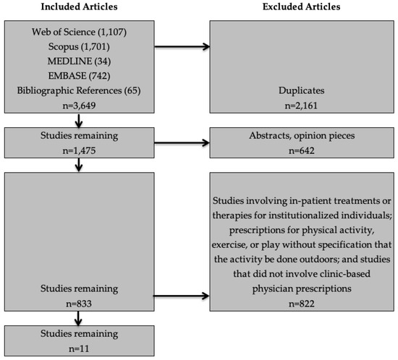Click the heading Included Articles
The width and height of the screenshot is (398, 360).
[79, 7]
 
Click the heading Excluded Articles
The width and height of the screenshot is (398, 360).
[302, 7]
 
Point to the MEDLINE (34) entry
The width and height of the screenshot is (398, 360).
[79, 61]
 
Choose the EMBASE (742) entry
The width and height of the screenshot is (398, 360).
[79, 76]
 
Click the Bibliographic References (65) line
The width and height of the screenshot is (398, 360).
[79, 90]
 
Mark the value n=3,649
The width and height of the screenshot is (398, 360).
[79, 106]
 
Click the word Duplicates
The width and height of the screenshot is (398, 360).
[302, 90]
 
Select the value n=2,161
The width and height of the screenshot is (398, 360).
[301, 106]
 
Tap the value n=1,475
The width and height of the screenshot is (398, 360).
[79, 150]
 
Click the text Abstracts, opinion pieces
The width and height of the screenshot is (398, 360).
[302, 136]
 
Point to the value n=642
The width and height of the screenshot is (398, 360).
[302, 150]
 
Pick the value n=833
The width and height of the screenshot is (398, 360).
[79, 304]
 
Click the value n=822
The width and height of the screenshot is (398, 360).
[302, 304]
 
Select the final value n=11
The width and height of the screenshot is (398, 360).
[79, 348]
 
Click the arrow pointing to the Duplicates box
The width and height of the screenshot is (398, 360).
[182, 47]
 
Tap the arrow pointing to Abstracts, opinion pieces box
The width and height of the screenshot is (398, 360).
[182, 142]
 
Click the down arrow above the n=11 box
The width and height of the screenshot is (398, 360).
[78, 318]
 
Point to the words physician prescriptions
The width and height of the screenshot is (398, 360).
[302, 288]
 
